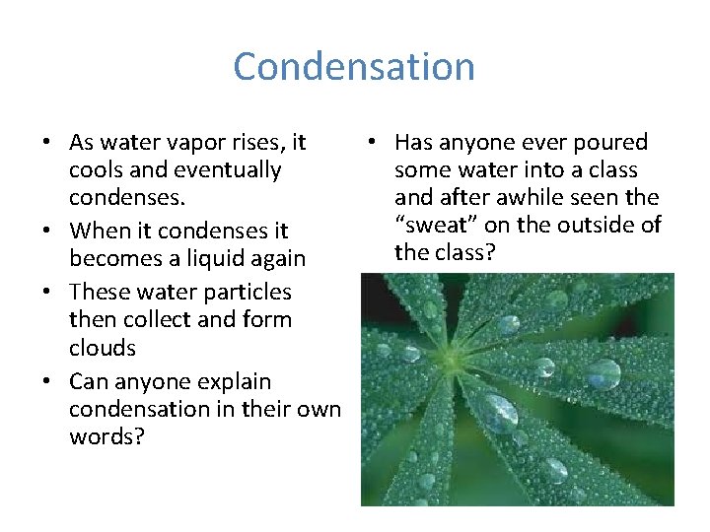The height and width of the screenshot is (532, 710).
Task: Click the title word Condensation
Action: click(x=354, y=67)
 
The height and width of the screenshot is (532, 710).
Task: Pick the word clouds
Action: click(x=103, y=348)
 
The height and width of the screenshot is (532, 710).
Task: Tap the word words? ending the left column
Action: click(x=106, y=435)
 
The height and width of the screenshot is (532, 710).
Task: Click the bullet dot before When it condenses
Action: click(x=46, y=232)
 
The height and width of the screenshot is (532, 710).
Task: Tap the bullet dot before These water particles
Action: click(x=46, y=293)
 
